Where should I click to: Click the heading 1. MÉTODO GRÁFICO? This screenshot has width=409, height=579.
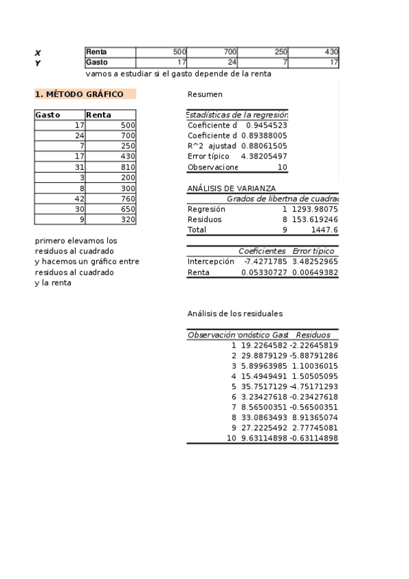pos(79,94)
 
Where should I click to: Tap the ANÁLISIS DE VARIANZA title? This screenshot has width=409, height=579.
pos(231,188)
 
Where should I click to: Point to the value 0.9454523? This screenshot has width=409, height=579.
pos(266,126)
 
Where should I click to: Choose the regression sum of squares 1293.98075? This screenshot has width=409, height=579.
pos(315,209)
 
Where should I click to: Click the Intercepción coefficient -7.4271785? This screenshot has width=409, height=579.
pos(266,262)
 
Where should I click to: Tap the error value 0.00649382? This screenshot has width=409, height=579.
pos(315,272)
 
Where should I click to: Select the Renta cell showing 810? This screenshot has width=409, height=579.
pos(128,167)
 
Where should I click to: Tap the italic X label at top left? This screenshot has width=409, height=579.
pos(38,53)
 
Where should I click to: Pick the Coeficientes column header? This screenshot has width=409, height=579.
pos(262,251)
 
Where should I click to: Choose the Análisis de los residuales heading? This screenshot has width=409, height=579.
pos(235,313)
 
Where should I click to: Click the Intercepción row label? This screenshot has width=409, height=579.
pos(210,262)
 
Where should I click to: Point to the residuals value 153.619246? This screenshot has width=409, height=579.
pos(315,220)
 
